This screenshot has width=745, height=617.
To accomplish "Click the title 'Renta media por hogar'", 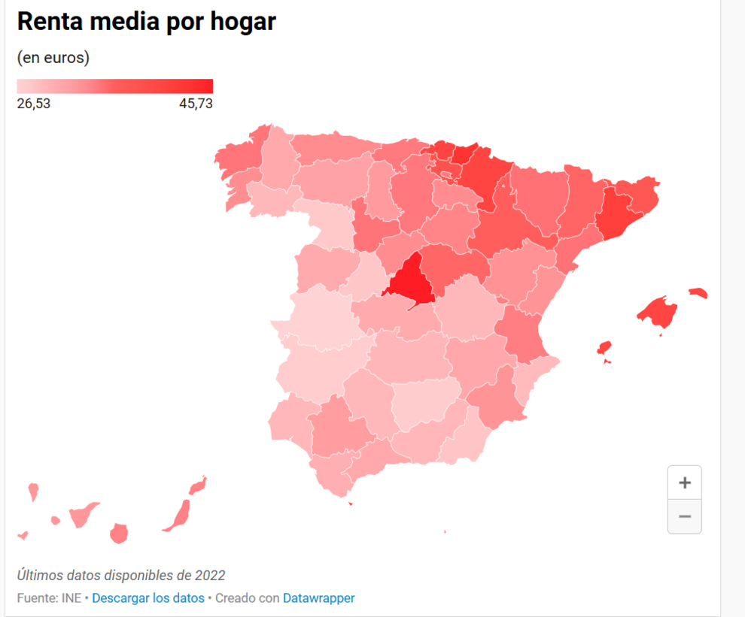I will (146, 22).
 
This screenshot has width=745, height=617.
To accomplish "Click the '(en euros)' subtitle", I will (53, 58).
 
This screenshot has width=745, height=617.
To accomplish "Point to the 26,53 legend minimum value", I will (34, 104).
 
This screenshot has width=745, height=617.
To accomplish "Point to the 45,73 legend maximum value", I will (196, 104).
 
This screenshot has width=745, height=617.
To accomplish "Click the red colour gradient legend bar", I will (114, 86).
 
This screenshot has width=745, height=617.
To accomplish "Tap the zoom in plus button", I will (684, 482).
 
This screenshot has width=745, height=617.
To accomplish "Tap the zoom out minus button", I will (684, 516).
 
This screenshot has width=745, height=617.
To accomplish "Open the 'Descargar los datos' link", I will (148, 598).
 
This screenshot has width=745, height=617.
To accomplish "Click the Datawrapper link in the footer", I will (318, 598).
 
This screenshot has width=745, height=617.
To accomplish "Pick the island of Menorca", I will (698, 293).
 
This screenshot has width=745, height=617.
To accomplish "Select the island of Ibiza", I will (604, 348).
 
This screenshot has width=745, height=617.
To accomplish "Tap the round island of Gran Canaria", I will (118, 534).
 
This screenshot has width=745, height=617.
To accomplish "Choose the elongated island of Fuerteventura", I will (178, 514).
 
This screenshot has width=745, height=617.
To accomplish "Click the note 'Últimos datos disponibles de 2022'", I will (121, 576).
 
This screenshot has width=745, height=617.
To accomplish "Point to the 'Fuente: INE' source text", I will (48, 598).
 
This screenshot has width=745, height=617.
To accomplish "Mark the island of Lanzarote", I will (198, 485).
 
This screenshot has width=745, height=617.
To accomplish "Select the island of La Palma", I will (33, 492).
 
